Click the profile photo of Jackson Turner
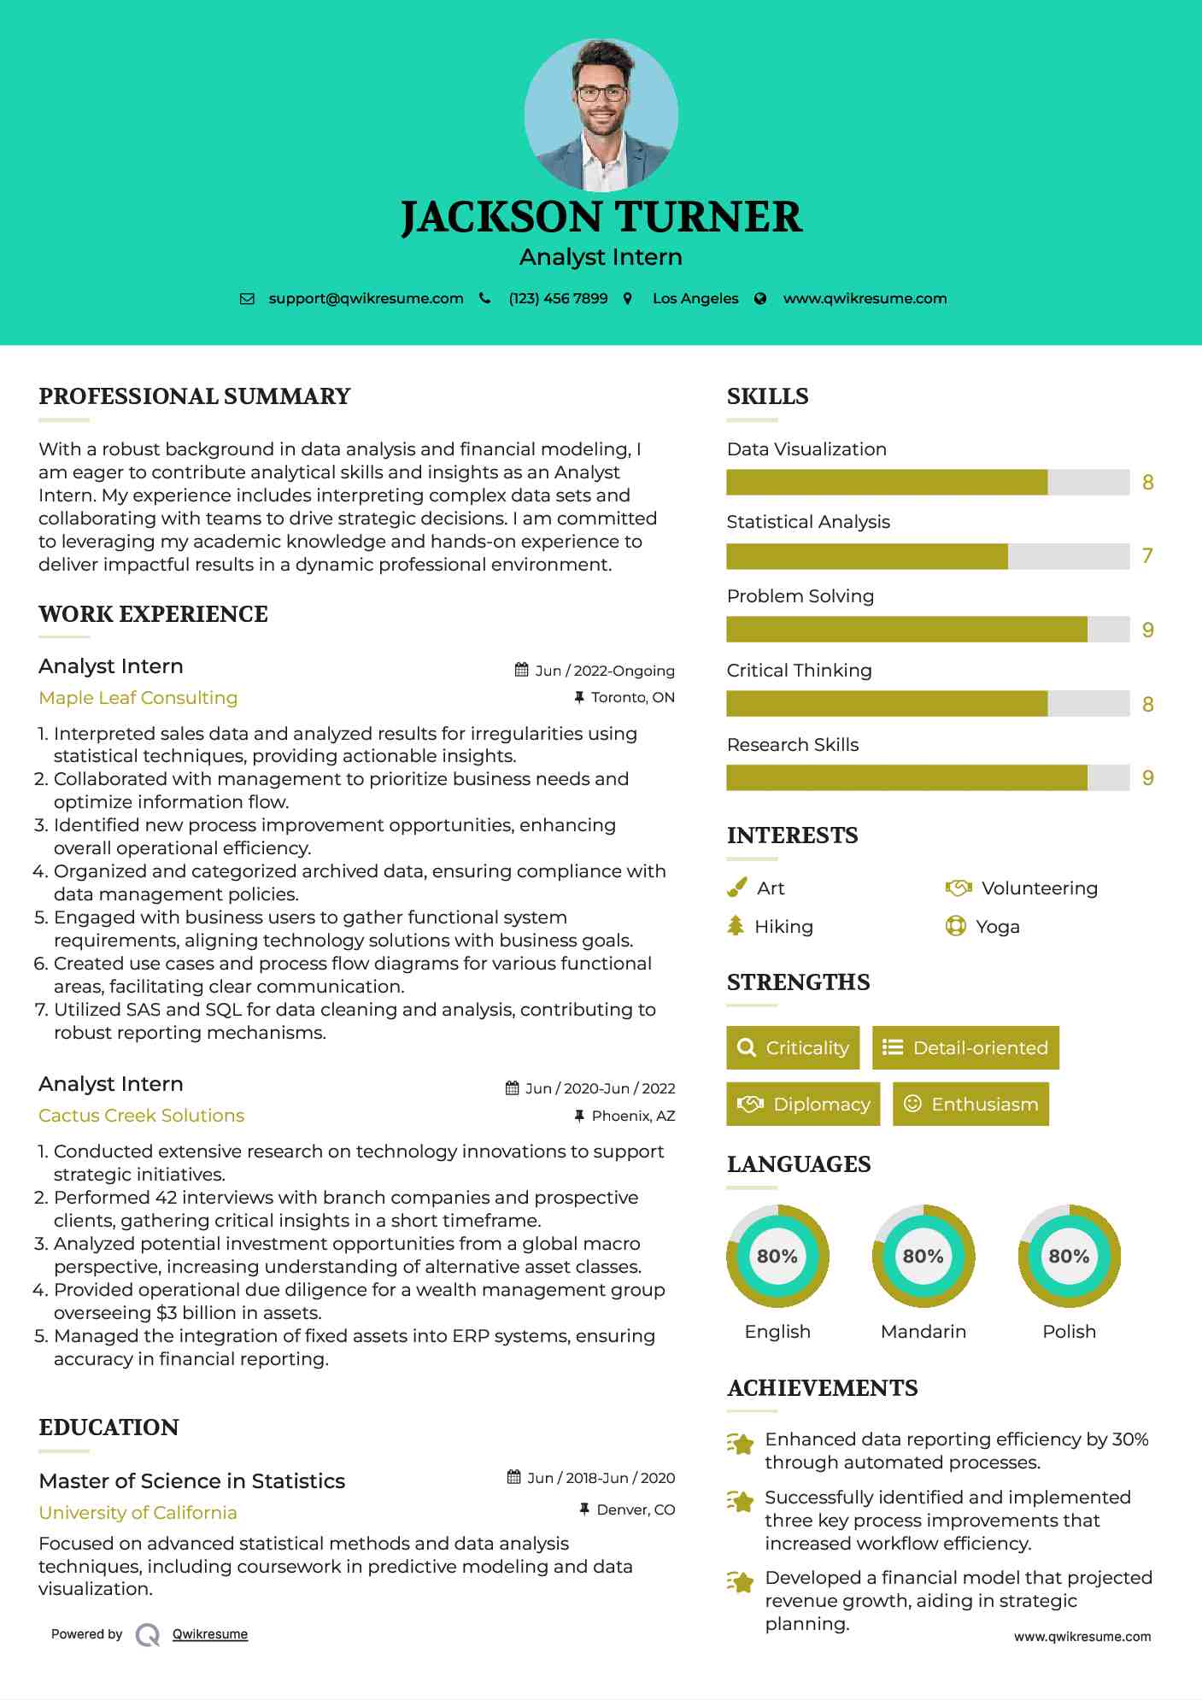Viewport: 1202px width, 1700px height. pos(601,114)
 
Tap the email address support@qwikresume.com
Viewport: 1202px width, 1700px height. pos(366,299)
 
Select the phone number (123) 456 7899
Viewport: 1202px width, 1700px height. pos(558,299)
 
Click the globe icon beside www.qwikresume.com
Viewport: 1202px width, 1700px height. pos(760,299)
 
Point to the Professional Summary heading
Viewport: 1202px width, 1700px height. pos(195,396)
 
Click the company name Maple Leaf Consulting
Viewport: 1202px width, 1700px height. pos(138,698)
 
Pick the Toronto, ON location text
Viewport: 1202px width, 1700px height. pos(632,698)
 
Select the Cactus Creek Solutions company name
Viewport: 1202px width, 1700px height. pos(141,1116)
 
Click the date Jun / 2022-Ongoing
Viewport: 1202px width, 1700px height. pos(604,671)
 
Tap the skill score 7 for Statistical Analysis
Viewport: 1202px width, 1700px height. pos(1147,556)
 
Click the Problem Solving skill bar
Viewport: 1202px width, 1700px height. pos(928,630)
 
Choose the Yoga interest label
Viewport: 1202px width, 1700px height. pos(998,927)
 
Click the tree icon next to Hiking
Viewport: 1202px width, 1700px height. pos(736,926)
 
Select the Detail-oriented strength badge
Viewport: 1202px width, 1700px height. pos(965,1048)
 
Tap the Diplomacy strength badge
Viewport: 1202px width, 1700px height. pos(803,1105)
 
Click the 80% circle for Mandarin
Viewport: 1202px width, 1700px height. pos(923,1257)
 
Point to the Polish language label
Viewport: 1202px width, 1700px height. pos(1069,1332)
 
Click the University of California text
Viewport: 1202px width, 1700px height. pos(138,1513)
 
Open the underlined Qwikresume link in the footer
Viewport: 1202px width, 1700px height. pos(210,1634)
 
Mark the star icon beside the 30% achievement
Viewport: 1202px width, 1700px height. pos(741,1445)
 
